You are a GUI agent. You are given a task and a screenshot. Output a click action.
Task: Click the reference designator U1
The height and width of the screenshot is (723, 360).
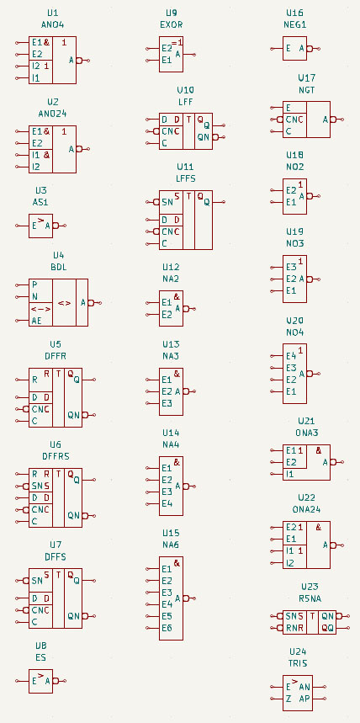point(53,13)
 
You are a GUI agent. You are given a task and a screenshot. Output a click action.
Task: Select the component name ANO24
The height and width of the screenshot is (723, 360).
point(53,112)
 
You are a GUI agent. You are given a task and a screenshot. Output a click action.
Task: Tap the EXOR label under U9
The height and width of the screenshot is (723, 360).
point(172,24)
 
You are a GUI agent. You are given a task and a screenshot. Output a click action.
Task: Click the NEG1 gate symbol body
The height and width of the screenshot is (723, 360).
point(295,49)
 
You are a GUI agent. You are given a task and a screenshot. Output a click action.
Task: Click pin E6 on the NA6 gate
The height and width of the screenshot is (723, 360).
point(167,628)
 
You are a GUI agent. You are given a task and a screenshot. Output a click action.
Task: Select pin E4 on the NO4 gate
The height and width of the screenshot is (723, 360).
point(290,356)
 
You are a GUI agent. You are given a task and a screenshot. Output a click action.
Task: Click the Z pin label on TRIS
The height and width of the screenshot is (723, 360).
point(289,699)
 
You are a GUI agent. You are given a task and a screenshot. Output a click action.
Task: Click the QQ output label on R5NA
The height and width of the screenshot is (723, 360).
point(327,628)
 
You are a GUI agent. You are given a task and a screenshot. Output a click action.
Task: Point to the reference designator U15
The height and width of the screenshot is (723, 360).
point(172,533)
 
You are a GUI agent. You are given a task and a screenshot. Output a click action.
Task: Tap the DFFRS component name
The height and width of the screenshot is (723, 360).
point(56,456)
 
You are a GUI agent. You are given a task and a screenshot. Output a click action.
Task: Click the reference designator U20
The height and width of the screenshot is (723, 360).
point(295,321)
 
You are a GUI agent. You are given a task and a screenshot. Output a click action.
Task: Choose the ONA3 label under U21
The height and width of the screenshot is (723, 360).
point(307,433)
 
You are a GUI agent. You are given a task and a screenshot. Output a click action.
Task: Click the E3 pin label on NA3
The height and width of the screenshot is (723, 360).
point(167,403)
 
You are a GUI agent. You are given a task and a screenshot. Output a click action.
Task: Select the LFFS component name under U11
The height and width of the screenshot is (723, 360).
point(185,178)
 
